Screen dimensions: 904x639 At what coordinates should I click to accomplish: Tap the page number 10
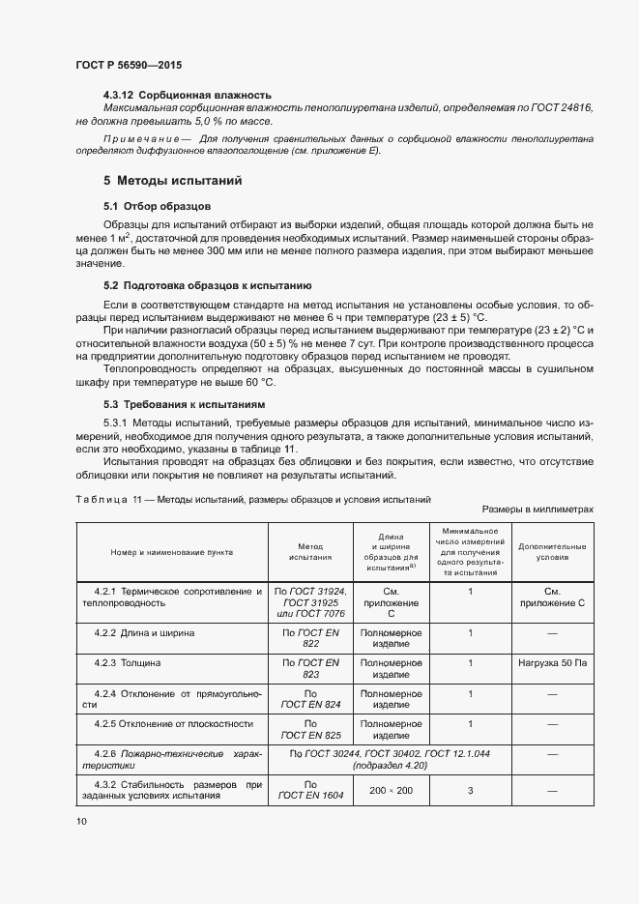(80, 821)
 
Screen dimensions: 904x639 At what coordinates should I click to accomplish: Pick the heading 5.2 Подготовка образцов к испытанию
(206, 285)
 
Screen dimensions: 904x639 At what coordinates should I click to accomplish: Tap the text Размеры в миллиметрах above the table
(537, 509)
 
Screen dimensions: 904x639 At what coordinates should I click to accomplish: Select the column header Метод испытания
(310, 552)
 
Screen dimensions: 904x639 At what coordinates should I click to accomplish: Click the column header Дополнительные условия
(552, 552)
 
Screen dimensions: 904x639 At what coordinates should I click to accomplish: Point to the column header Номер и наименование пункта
(172, 552)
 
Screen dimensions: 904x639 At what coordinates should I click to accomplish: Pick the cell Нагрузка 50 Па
(552, 663)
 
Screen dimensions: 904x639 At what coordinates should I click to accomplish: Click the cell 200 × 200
(390, 790)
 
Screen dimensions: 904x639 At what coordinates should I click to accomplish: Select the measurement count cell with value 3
(470, 790)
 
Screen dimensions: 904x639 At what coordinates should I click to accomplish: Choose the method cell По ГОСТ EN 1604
(310, 790)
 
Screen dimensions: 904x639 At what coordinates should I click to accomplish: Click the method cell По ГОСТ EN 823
(310, 669)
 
